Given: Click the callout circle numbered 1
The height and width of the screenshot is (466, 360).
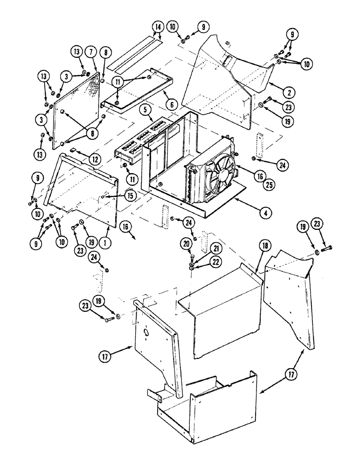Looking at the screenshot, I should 107,229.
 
